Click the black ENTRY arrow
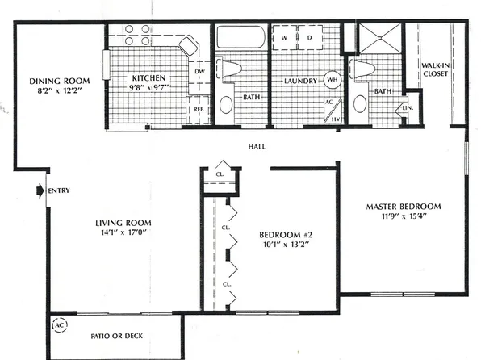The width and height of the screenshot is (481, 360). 39,191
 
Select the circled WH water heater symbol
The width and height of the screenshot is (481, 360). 332,80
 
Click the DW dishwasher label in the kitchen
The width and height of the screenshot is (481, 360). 199,73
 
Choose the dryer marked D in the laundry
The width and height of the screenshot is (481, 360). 308,37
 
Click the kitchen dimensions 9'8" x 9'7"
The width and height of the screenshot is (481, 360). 148,90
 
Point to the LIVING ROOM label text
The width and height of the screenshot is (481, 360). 124,223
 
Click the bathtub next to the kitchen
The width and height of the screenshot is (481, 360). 239,38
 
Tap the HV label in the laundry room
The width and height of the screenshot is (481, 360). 337,119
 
